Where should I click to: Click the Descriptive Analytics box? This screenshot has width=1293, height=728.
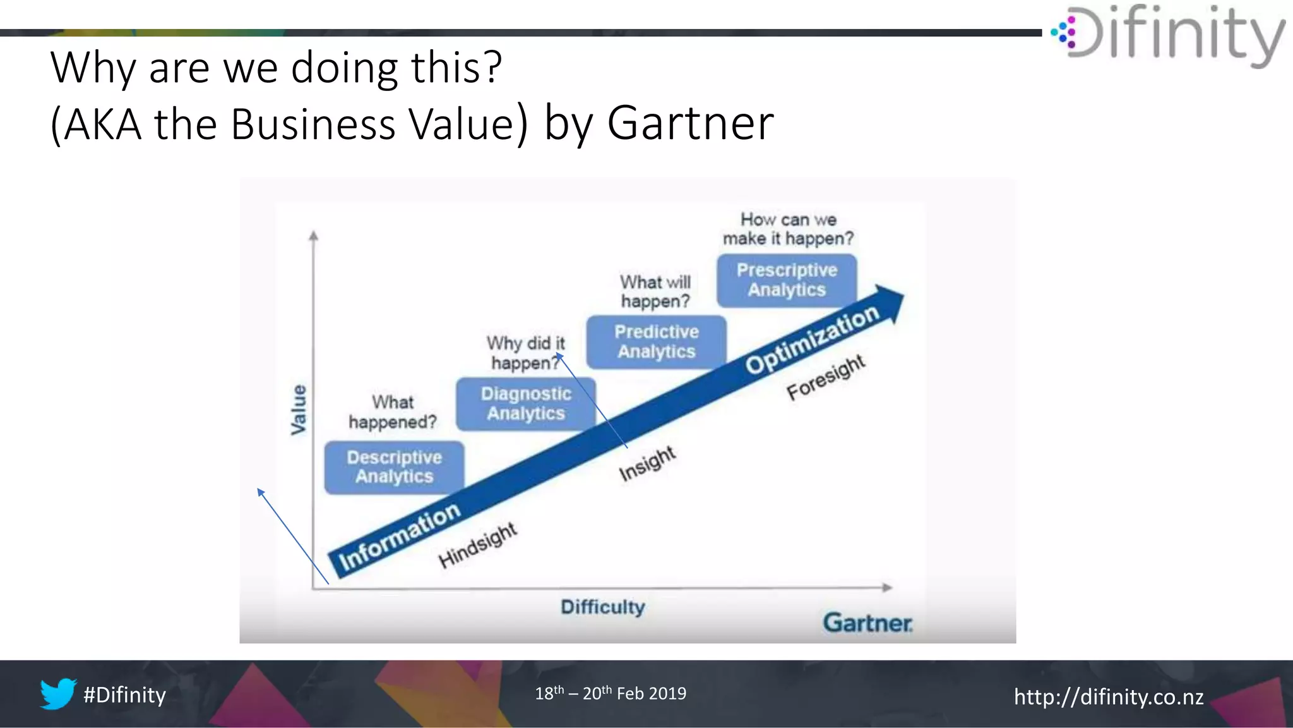coord(394,467)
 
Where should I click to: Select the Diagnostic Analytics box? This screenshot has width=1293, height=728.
coord(526,404)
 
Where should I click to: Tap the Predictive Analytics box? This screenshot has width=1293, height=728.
coord(657,342)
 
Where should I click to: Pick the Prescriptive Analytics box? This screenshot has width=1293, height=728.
coord(787,280)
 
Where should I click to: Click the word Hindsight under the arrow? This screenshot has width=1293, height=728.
coord(477,545)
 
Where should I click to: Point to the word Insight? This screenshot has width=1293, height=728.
coord(647,463)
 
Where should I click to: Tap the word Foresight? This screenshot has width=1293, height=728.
coord(826,377)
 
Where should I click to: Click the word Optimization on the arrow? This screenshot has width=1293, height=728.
coord(812,339)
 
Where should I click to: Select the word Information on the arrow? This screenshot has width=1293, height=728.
coord(400,537)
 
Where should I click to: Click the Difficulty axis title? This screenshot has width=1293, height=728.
coord(603,607)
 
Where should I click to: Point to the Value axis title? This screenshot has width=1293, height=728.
coord(298,410)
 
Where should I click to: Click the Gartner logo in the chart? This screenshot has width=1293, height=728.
coord(867,623)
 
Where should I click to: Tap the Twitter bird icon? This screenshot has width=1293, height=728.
coord(58,694)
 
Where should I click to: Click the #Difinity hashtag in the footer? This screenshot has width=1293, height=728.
coord(125,695)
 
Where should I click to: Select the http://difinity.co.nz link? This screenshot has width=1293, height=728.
coord(1109,696)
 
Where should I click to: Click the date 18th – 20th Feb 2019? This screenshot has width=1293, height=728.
coord(611,694)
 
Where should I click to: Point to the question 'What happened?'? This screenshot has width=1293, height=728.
coord(393,412)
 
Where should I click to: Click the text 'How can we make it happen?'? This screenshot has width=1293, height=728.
coord(788,229)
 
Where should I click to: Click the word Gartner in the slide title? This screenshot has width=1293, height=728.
coord(690,123)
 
